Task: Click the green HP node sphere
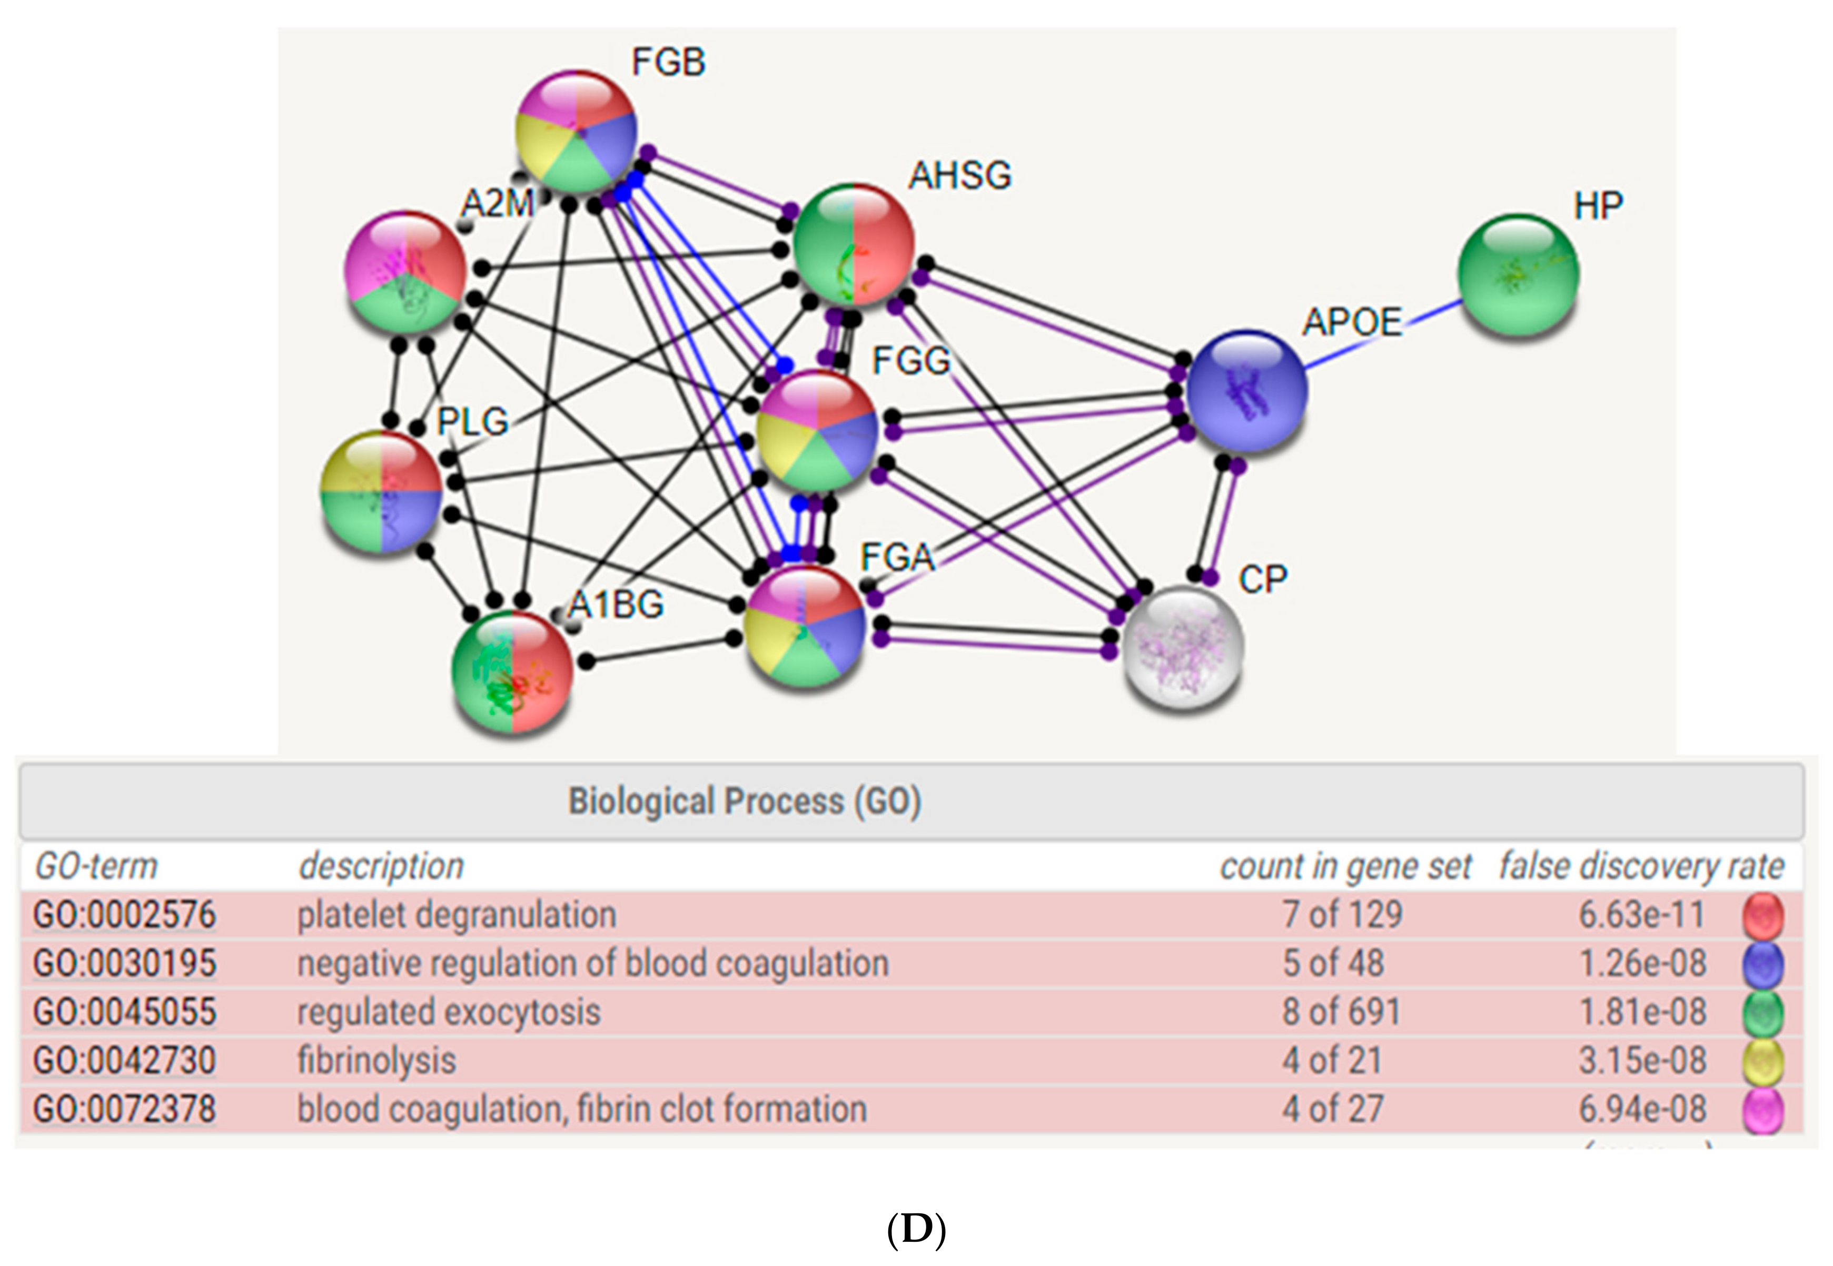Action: pos(1518,274)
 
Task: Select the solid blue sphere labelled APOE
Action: pos(1246,390)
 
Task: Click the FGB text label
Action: pos(668,62)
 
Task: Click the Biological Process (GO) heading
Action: pos(744,801)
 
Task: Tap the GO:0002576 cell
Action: pos(124,915)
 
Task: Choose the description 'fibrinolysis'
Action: pos(376,1061)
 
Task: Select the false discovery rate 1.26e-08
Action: pos(1642,963)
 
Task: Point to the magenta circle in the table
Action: pos(1763,1110)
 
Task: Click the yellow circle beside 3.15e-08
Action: pos(1763,1061)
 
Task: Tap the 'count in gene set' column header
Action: pos(1345,866)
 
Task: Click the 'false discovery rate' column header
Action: pos(1641,866)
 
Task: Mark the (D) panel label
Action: pos(916,1230)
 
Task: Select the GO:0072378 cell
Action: pos(124,1109)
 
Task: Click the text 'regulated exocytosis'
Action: pos(449,1012)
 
